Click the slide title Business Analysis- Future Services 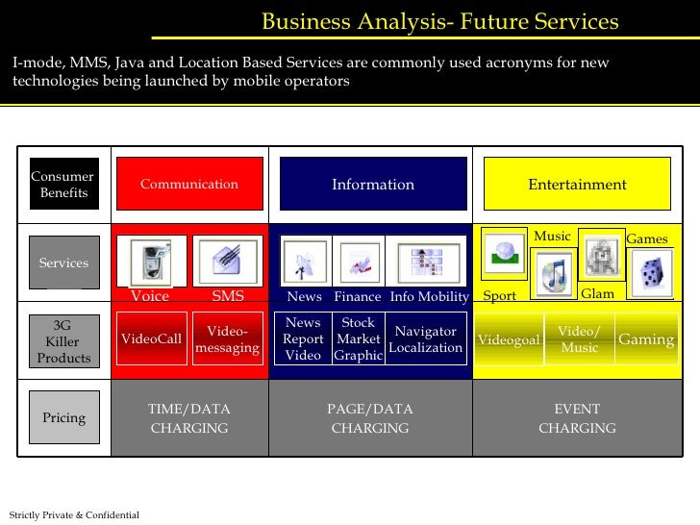click(x=439, y=21)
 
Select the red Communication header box click(x=188, y=184)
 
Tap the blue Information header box click(x=373, y=184)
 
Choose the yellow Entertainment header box click(x=576, y=184)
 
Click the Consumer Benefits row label click(x=63, y=184)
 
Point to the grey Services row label click(x=63, y=262)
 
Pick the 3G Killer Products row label click(x=63, y=341)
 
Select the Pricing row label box click(x=63, y=417)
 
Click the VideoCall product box click(x=151, y=338)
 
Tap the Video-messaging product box click(x=227, y=338)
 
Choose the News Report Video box click(x=303, y=338)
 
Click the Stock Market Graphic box click(x=359, y=338)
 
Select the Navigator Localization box click(x=426, y=338)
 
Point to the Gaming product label click(x=646, y=339)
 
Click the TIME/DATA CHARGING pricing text click(x=188, y=418)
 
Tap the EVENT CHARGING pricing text click(x=577, y=418)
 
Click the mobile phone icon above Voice click(x=151, y=261)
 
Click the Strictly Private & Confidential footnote click(x=74, y=515)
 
